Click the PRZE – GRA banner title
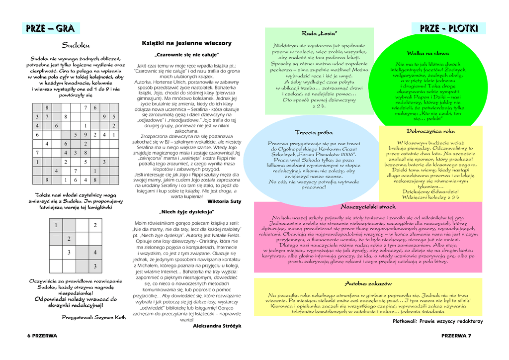[x=50, y=29]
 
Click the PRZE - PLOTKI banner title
[x=449, y=29]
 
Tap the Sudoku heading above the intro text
[x=76, y=46]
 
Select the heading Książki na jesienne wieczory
[x=186, y=43]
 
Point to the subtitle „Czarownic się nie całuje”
[x=186, y=55]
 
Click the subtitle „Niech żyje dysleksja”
[x=186, y=212]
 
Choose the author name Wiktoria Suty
[x=224, y=201]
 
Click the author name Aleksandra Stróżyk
[x=217, y=326]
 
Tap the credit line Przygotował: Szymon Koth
[x=94, y=317]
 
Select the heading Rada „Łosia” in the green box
[x=320, y=33]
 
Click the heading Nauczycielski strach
[x=368, y=206]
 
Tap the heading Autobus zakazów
[x=368, y=283]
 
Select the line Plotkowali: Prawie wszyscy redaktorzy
[x=437, y=321]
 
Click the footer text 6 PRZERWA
[x=42, y=336]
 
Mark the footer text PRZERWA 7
[x=456, y=336]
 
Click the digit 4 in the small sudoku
[x=95, y=253]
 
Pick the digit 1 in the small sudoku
[x=56, y=225]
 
